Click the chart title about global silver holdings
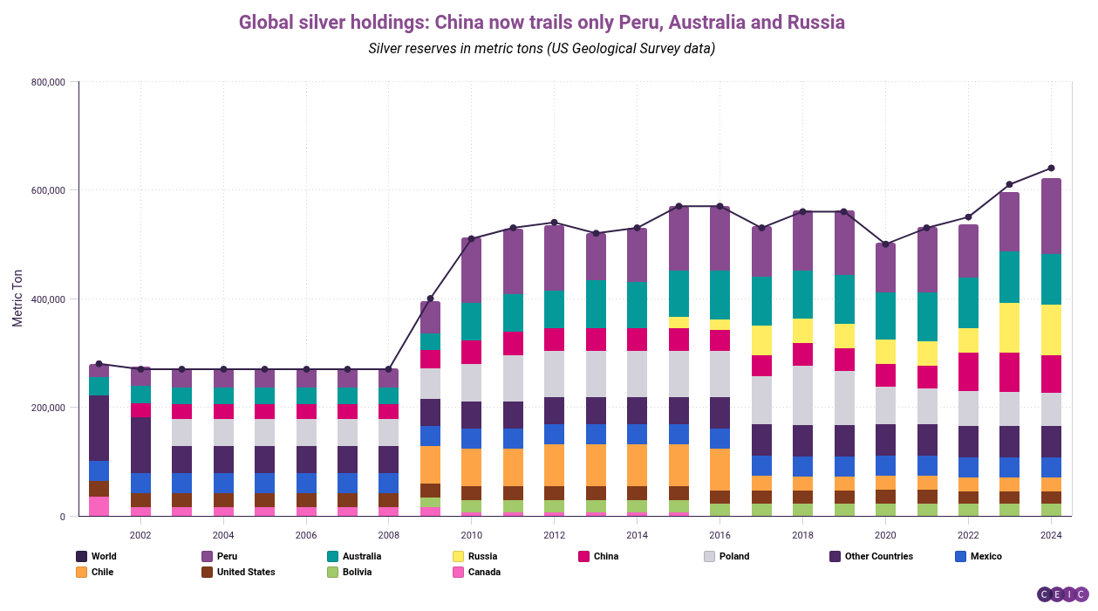(542, 22)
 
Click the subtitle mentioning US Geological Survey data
(542, 48)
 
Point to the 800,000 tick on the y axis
(48, 82)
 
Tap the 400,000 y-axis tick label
(48, 299)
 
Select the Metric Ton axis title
(17, 299)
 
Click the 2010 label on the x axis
(471, 535)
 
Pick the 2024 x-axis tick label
(1051, 535)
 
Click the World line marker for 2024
(1051, 168)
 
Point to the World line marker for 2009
(430, 299)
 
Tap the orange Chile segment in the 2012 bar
(554, 464)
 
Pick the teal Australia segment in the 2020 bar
(885, 316)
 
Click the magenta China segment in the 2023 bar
(1010, 372)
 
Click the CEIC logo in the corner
(1062, 594)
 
